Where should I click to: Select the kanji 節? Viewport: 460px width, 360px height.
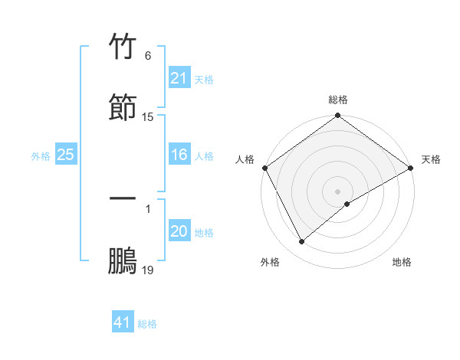click(x=123, y=108)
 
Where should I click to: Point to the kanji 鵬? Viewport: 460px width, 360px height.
click(x=123, y=261)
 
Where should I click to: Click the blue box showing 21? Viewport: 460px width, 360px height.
click(x=179, y=78)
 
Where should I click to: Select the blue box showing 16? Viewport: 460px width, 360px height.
click(x=179, y=155)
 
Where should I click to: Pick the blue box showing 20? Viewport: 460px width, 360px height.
click(x=179, y=231)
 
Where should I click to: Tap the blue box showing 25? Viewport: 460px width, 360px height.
click(x=66, y=155)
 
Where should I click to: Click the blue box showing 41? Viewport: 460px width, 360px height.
click(x=123, y=322)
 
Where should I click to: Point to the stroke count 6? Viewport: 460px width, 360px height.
click(x=147, y=56)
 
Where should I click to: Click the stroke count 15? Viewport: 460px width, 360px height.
click(x=148, y=117)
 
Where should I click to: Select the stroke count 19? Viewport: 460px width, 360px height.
click(x=148, y=270)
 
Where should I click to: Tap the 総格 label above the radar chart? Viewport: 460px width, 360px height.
click(x=338, y=100)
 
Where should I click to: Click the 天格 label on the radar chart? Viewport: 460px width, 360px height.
click(x=431, y=159)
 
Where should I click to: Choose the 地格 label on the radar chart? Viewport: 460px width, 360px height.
click(x=402, y=263)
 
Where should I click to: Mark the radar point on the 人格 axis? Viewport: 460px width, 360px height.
click(x=264, y=168)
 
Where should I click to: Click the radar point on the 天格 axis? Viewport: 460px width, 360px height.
click(x=411, y=168)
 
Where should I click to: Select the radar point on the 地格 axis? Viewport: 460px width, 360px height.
click(x=347, y=204)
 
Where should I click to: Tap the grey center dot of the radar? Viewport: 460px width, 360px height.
click(x=338, y=191)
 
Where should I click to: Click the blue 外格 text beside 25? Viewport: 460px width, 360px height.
click(x=41, y=156)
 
